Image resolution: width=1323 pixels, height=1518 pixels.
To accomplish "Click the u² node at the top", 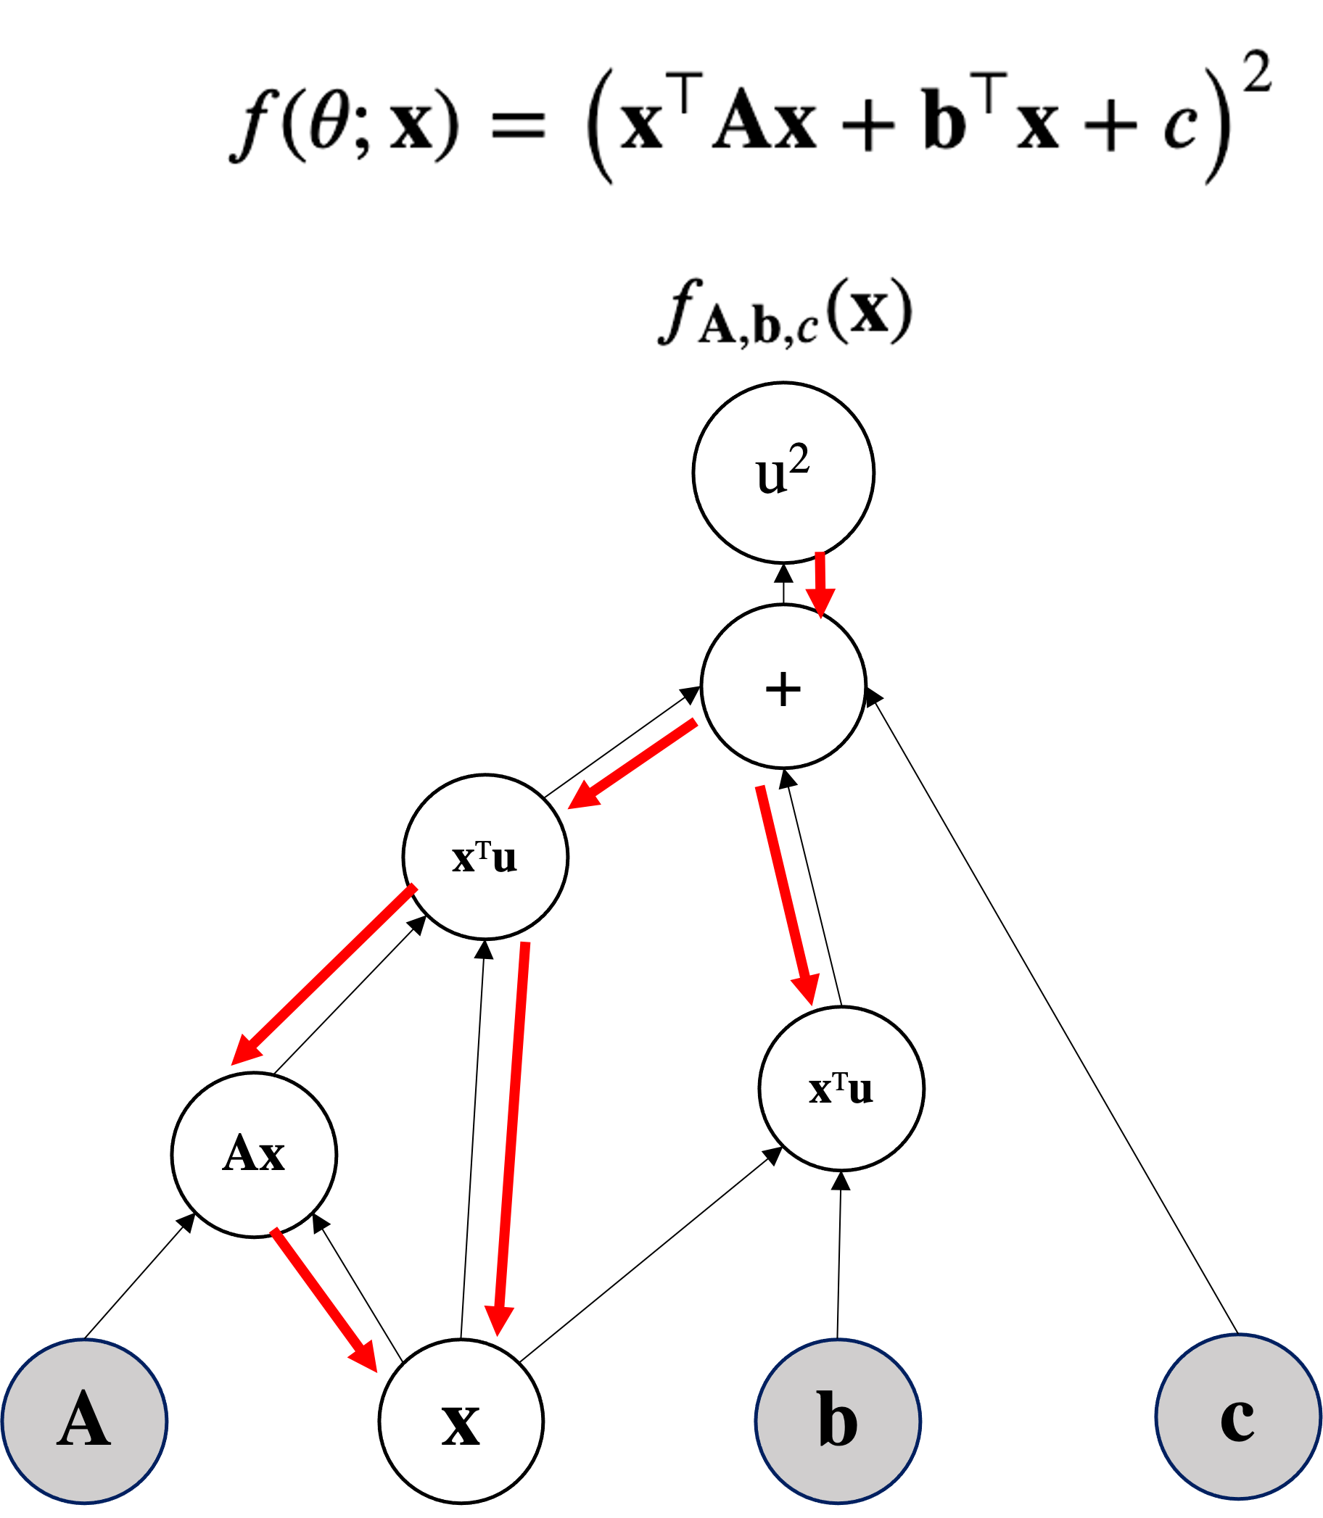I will pos(783,473).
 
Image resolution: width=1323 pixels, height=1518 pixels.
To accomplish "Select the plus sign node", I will pos(783,687).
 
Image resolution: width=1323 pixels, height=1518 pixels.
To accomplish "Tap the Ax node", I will pos(254,1154).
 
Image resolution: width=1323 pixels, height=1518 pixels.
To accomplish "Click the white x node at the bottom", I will pos(461,1421).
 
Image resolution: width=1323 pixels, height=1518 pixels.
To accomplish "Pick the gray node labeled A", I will pos(85,1420).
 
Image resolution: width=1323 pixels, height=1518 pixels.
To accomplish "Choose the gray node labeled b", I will pos(838,1420).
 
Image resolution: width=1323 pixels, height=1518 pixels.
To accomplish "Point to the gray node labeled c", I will pos(1238,1417).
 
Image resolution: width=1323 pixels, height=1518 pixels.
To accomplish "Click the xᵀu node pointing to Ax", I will pos(485,857).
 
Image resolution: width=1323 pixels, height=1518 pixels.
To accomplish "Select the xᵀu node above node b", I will pos(841,1089).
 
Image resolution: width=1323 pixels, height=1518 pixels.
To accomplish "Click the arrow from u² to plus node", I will pos(820,583).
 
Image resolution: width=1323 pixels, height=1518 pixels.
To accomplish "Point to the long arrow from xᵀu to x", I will pos(511,1137).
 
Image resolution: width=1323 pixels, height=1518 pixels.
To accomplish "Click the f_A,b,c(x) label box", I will pos(788,312).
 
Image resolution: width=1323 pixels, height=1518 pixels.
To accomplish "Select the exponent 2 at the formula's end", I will pos(1256,72).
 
